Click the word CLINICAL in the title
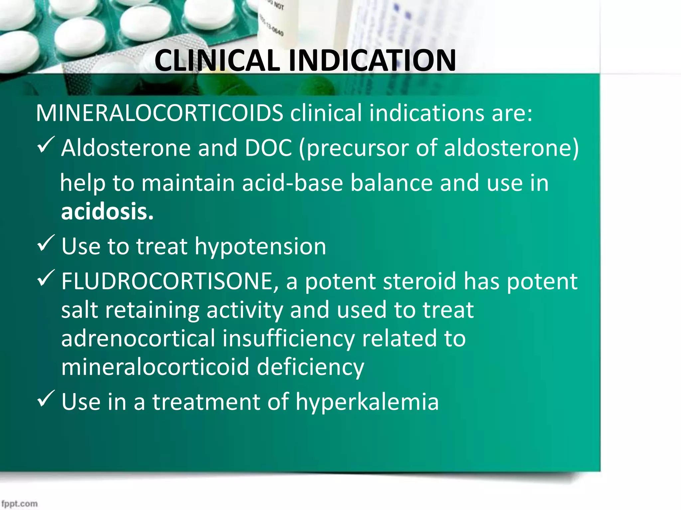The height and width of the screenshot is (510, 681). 217,61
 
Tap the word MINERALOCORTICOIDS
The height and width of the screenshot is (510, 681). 159,113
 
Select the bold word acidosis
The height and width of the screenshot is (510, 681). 107,212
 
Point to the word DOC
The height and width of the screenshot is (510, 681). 268,148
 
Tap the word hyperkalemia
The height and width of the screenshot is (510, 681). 367,402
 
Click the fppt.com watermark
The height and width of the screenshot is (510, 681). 19,503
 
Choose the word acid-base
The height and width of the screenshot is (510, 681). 292,183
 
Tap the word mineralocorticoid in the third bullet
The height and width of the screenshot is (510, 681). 155,367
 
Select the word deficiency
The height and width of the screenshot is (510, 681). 310,367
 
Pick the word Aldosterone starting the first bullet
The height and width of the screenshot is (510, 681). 126,148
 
